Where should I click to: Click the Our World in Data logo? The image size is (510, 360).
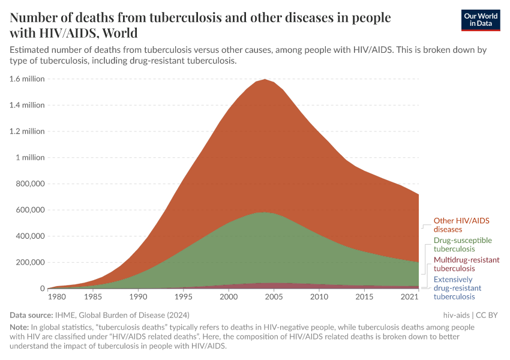[480, 20]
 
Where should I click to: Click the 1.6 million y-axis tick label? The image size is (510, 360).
[26, 79]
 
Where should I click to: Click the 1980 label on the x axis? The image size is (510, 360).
[56, 297]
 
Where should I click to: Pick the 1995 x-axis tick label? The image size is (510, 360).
[184, 297]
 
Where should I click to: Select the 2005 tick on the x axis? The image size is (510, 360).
[274, 297]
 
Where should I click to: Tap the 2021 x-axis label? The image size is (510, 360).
[409, 297]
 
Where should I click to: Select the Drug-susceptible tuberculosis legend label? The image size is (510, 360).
[463, 244]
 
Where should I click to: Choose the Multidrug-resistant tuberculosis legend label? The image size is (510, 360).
[466, 264]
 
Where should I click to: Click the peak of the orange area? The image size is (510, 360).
[265, 80]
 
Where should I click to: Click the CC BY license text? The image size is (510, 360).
[487, 314]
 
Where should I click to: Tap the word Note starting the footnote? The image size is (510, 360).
[20, 328]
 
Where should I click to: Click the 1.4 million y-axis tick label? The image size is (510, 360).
[26, 105]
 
